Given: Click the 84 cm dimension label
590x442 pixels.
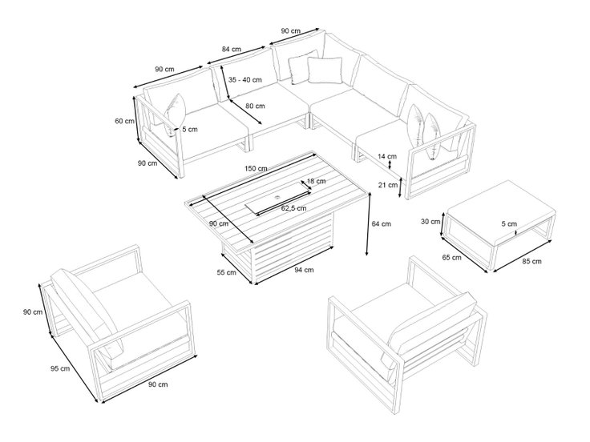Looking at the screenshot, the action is [x=232, y=49].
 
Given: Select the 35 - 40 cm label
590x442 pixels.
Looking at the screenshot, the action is [x=245, y=80].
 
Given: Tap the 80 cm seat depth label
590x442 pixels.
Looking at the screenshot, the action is [x=255, y=106].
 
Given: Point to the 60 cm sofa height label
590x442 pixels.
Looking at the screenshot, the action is [x=124, y=121].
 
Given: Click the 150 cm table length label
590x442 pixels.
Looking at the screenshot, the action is [x=256, y=168].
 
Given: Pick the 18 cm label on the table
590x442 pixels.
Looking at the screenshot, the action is [x=317, y=181].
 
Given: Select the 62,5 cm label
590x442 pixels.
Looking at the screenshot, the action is [x=294, y=208].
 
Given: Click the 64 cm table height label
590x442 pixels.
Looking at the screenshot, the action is [x=382, y=223].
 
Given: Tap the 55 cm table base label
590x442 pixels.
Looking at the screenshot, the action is [x=227, y=272].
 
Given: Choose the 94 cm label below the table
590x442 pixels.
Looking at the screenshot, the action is [x=304, y=270].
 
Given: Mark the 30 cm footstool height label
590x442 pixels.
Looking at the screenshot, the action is [x=430, y=221].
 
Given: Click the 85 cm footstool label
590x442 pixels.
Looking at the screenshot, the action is [x=532, y=261].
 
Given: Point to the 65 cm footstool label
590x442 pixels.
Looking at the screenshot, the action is [x=451, y=258].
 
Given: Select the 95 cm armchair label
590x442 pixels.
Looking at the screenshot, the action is [x=60, y=368].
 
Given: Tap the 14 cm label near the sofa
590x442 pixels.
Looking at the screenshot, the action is [x=387, y=156].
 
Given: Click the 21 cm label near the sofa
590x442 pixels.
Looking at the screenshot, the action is [x=388, y=185].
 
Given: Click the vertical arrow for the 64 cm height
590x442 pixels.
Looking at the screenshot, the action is [x=369, y=224].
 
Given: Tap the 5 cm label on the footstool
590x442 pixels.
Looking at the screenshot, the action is [x=509, y=224].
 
